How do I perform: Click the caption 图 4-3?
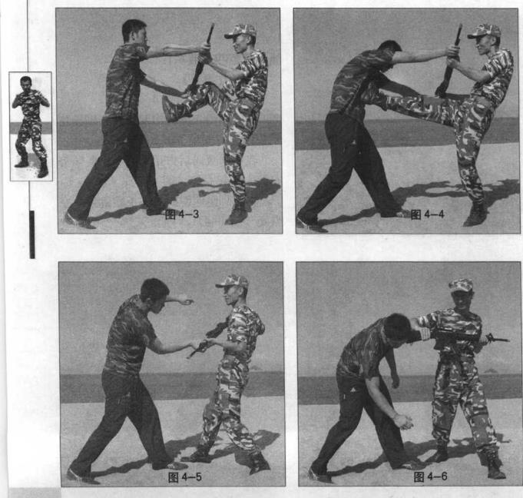[182, 214]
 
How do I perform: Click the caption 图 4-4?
[427, 214]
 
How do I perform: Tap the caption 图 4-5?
[185, 477]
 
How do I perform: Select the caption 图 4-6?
[430, 476]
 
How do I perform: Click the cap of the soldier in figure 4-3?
[241, 31]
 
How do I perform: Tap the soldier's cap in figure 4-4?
[485, 31]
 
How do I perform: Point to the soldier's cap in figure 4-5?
[233, 282]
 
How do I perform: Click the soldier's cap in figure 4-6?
[461, 285]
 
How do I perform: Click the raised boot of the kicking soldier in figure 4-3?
[171, 108]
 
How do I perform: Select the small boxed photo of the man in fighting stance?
[31, 126]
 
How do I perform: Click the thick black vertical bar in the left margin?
[32, 234]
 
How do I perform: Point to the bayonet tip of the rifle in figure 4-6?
[508, 340]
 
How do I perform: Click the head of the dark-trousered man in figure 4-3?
[134, 31]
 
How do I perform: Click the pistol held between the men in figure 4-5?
[200, 347]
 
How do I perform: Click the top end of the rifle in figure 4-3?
[212, 25]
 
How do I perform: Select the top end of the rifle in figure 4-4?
[460, 25]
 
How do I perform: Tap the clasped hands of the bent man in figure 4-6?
[404, 422]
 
